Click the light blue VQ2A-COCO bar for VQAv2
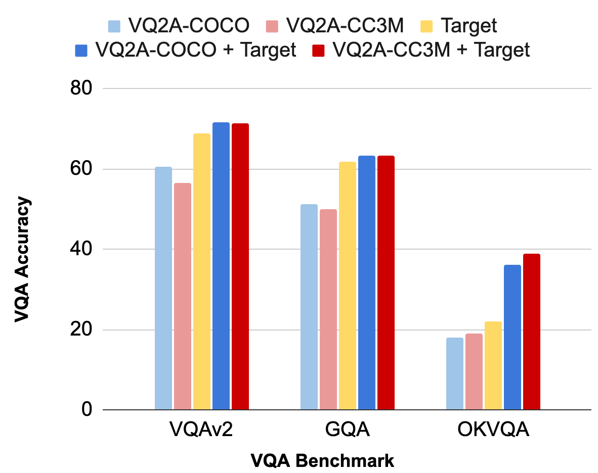(163, 288)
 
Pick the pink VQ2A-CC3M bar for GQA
(328, 309)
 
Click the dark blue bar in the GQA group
(367, 282)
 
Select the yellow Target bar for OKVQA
(493, 365)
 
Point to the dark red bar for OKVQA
(532, 332)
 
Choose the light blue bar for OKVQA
(455, 373)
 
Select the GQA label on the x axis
(348, 431)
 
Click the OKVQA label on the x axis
(493, 431)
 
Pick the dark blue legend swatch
(81, 50)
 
